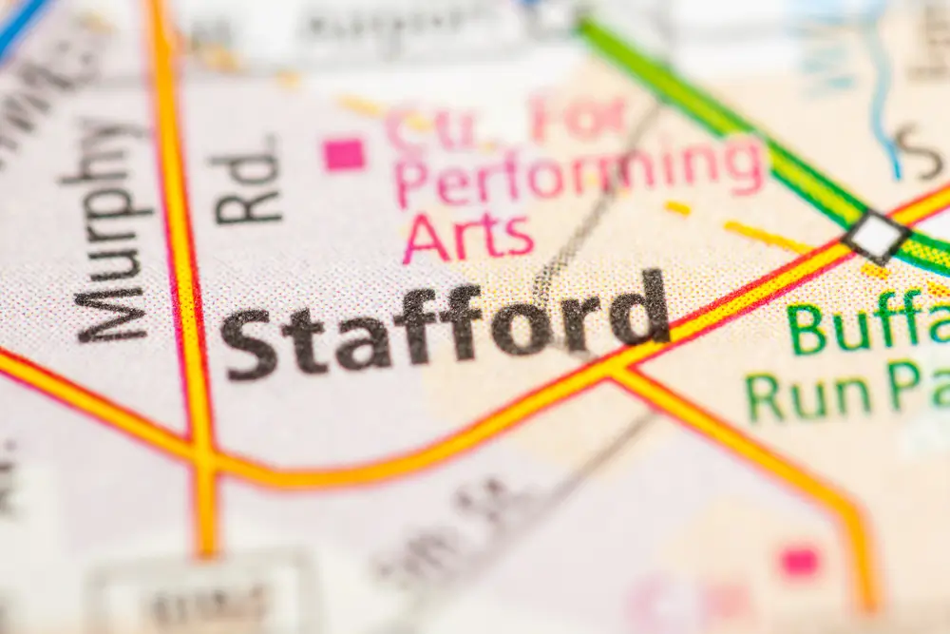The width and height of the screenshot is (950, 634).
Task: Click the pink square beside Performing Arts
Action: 344,154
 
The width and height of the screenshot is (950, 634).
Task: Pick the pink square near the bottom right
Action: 799,562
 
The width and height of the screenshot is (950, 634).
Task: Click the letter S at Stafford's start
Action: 249,344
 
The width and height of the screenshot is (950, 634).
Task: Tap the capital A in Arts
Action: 425,240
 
